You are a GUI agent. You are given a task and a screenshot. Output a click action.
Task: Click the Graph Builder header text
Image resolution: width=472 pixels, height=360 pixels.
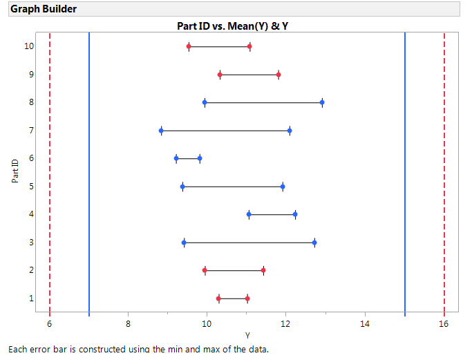44,9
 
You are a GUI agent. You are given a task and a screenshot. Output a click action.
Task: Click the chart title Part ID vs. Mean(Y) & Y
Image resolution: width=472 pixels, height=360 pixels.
237,26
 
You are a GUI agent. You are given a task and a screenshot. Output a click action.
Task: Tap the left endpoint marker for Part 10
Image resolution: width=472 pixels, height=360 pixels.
189,46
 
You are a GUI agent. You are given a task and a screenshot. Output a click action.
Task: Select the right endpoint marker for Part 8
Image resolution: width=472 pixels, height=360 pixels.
322,102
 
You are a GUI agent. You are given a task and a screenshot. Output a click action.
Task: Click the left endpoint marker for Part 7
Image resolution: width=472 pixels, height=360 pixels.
161,130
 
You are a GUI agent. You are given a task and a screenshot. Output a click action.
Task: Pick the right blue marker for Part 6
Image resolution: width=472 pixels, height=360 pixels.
200,158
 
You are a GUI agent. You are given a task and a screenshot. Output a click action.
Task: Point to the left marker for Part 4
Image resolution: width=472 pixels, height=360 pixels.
249,214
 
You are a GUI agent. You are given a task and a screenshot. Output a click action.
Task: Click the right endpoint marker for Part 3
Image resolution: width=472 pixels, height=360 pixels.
314,243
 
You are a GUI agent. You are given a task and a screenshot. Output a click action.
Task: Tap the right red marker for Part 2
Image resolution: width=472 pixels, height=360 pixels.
263,270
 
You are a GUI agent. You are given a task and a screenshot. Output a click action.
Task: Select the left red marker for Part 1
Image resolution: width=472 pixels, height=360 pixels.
218,299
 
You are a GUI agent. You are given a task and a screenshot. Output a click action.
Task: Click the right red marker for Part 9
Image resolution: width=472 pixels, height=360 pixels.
279,74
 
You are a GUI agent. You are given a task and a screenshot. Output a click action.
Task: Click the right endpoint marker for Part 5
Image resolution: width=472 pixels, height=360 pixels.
283,187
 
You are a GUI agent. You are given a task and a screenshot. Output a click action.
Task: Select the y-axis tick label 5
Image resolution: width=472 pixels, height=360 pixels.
30,187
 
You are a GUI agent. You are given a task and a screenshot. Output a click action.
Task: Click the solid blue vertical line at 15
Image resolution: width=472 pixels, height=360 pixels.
405,173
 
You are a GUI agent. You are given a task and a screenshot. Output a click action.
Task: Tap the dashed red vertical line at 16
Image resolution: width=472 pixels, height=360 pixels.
444,173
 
